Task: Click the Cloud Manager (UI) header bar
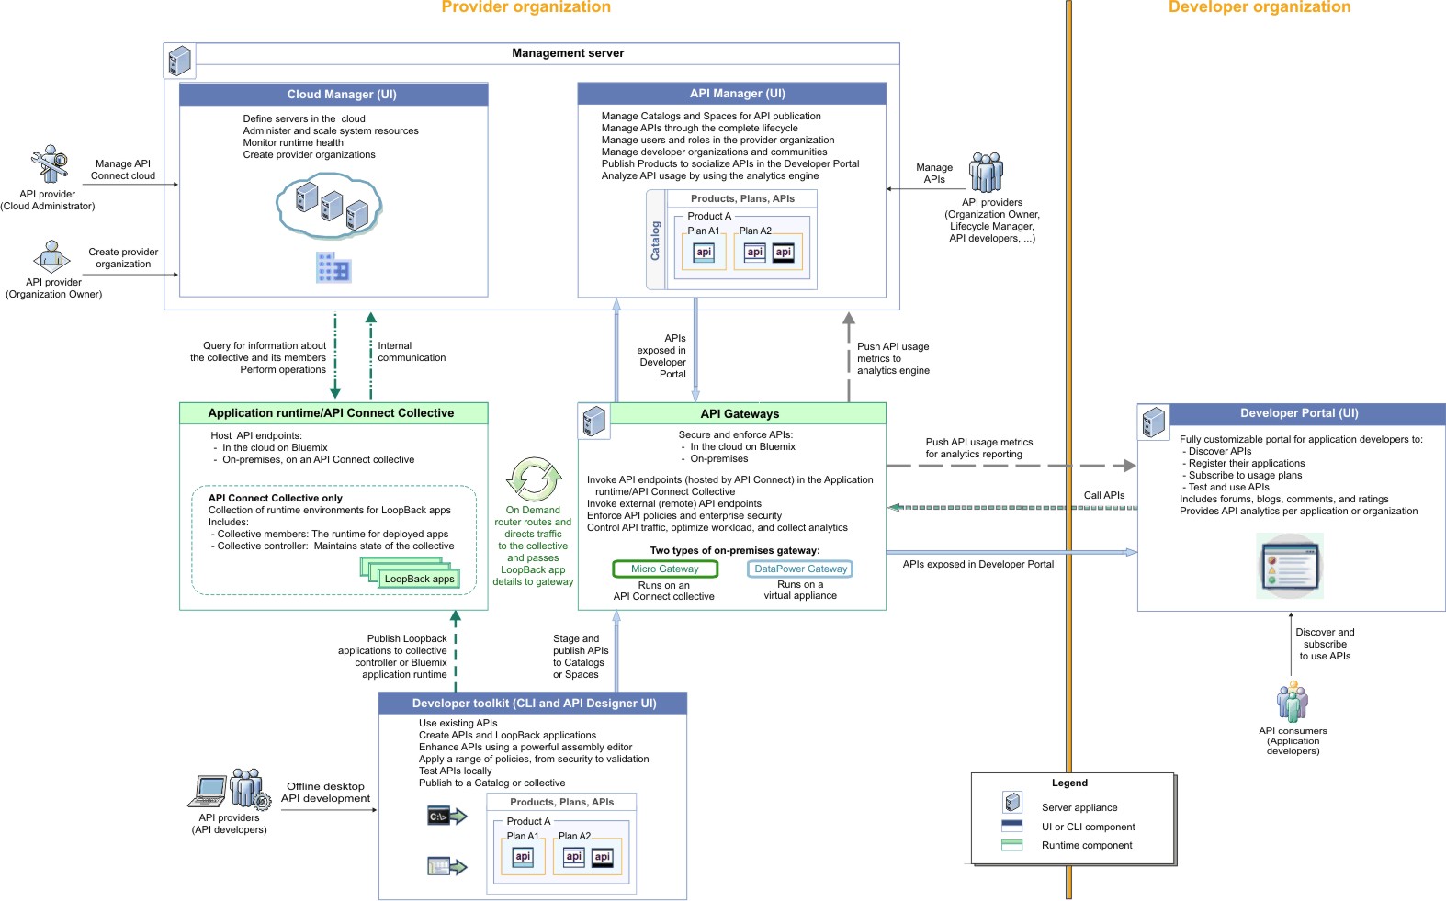(x=333, y=95)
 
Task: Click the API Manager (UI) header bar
(x=731, y=94)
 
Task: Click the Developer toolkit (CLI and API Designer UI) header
(x=533, y=704)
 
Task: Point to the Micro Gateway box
(x=665, y=569)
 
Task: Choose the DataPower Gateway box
(x=800, y=569)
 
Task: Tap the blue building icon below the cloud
(x=333, y=267)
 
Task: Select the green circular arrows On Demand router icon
(x=534, y=479)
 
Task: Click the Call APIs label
(x=1103, y=495)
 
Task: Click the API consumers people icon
(x=1293, y=703)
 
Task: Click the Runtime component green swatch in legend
(x=1011, y=845)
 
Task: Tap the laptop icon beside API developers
(x=210, y=791)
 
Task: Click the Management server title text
(x=568, y=53)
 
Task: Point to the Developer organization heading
(x=1259, y=7)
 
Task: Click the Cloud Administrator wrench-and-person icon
(x=50, y=164)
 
